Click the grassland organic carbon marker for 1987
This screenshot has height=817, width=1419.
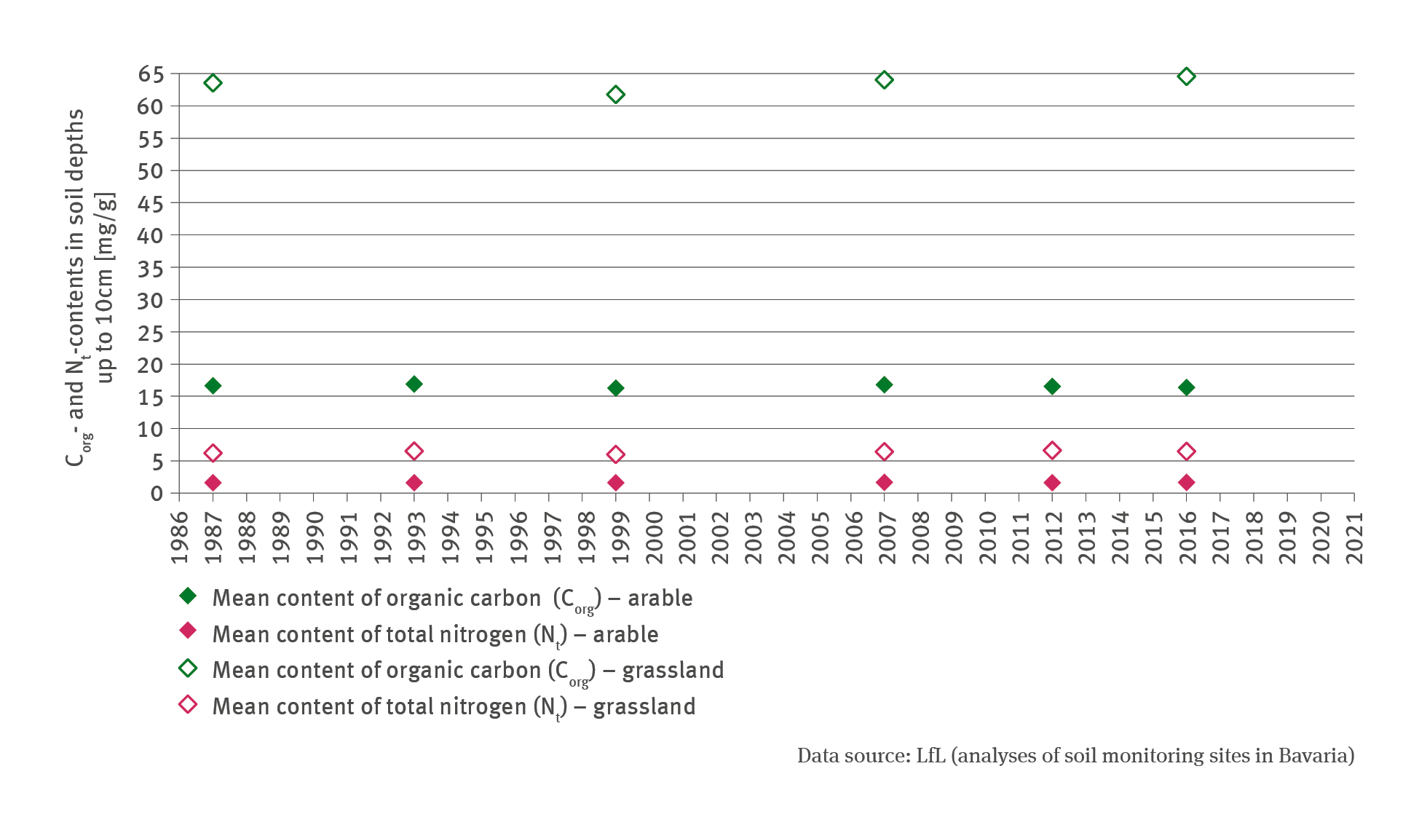(x=213, y=83)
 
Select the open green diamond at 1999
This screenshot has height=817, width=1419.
(x=615, y=95)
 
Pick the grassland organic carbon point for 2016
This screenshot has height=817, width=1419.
(x=1186, y=76)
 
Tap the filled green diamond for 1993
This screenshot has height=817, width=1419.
(x=414, y=384)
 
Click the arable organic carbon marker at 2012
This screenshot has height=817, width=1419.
(x=1052, y=386)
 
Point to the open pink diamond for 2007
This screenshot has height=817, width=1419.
(x=884, y=451)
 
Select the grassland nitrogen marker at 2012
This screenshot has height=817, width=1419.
(x=1052, y=451)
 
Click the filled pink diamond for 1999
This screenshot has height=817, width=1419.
(x=615, y=483)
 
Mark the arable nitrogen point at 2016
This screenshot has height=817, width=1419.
(x=1186, y=482)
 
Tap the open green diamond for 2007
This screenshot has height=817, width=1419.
(x=884, y=80)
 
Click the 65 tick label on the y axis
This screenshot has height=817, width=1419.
(x=151, y=74)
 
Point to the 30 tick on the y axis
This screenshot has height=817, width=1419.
(x=151, y=300)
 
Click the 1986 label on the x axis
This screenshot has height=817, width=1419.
(x=180, y=537)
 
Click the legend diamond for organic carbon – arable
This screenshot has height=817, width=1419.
(x=188, y=596)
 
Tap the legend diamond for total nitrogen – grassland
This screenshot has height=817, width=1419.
(x=188, y=705)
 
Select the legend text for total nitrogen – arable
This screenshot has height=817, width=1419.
(x=435, y=634)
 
